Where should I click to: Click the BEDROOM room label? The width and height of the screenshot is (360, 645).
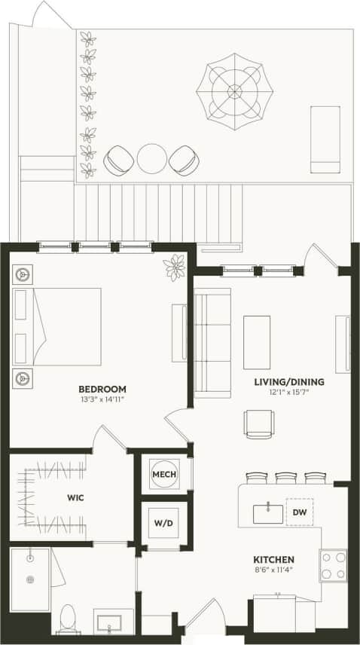[102, 390]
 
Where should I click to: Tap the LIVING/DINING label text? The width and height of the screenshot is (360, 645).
[288, 382]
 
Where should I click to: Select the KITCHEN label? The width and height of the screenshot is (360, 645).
[273, 559]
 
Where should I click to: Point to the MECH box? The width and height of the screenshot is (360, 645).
[164, 474]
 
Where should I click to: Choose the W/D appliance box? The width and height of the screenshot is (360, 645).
[163, 522]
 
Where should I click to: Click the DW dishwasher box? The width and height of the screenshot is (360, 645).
[298, 512]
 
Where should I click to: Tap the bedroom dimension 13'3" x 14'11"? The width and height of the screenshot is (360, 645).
[102, 400]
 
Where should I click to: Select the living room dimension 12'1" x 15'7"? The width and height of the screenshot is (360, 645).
[288, 393]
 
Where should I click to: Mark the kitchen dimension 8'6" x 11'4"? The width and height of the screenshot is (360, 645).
[273, 570]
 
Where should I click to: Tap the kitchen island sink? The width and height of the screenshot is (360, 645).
[267, 513]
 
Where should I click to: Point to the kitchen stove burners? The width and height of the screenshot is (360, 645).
[333, 566]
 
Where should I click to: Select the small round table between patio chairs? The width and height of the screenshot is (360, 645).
[152, 159]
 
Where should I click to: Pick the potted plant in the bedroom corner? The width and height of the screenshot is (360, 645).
[175, 265]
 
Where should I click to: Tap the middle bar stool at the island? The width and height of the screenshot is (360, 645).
[287, 478]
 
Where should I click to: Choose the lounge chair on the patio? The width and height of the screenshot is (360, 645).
[325, 140]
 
